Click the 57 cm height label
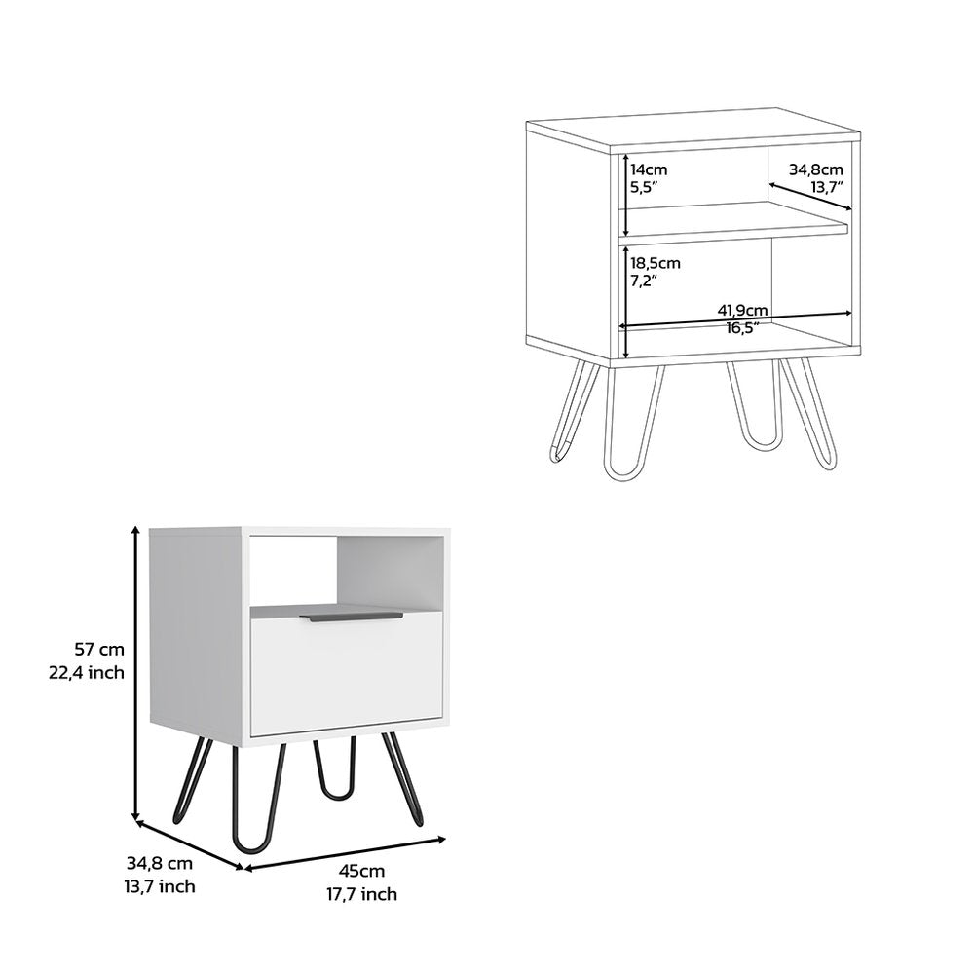click(x=99, y=649)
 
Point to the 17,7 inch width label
click(x=362, y=894)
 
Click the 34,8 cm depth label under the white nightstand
click(x=161, y=862)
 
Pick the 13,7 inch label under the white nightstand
click(x=161, y=885)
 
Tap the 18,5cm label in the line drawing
click(x=656, y=263)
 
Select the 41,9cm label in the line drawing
click(x=743, y=310)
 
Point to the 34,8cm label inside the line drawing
click(x=816, y=169)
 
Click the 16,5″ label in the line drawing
click(x=742, y=328)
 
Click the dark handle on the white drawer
click(x=351, y=618)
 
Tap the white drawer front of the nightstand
click(x=347, y=677)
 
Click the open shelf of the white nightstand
click(x=346, y=572)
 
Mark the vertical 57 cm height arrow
click(x=136, y=672)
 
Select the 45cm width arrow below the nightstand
click(x=344, y=853)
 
